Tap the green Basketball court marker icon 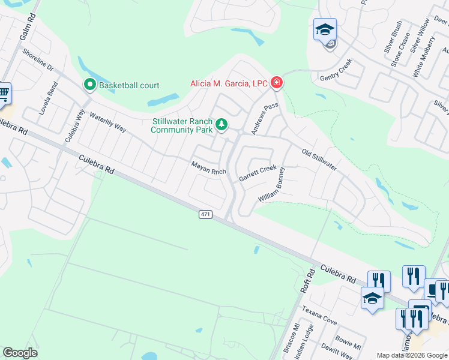[x=90, y=85]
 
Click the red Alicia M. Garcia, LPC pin [x=277, y=83]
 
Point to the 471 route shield [x=206, y=214]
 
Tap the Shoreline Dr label [x=38, y=60]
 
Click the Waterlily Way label [x=107, y=121]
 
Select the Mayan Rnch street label [x=208, y=167]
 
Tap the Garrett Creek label [x=258, y=173]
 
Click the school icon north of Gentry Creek [x=325, y=29]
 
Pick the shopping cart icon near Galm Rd [x=4, y=94]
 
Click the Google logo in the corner [x=20, y=353]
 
